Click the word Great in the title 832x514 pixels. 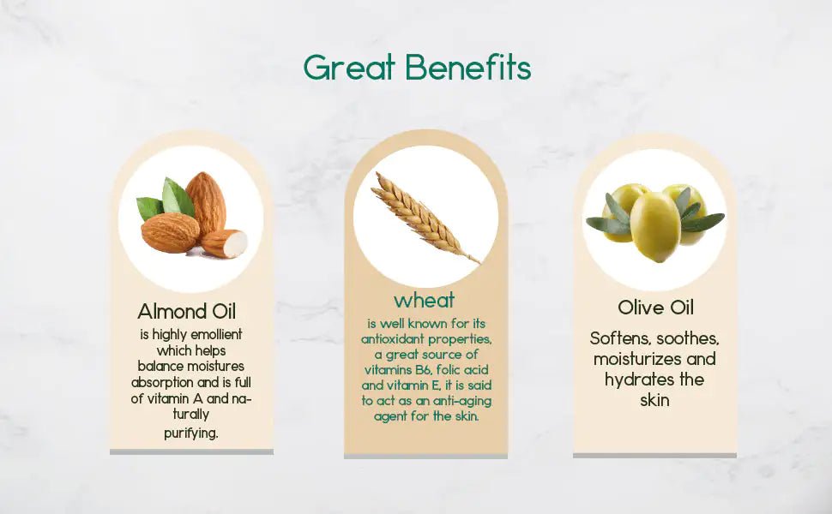click(349, 68)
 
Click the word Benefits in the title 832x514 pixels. click(468, 68)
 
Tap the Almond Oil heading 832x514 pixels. click(187, 311)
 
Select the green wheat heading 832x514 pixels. click(425, 301)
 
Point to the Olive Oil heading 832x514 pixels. click(655, 308)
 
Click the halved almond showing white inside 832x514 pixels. click(225, 243)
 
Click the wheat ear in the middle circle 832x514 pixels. click(419, 214)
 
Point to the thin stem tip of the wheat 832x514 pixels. click(479, 262)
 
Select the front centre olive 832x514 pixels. click(655, 226)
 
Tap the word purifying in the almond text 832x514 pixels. click(191, 433)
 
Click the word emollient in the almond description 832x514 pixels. click(216, 334)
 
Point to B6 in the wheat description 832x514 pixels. click(424, 369)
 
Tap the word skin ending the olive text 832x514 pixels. click(654, 400)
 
